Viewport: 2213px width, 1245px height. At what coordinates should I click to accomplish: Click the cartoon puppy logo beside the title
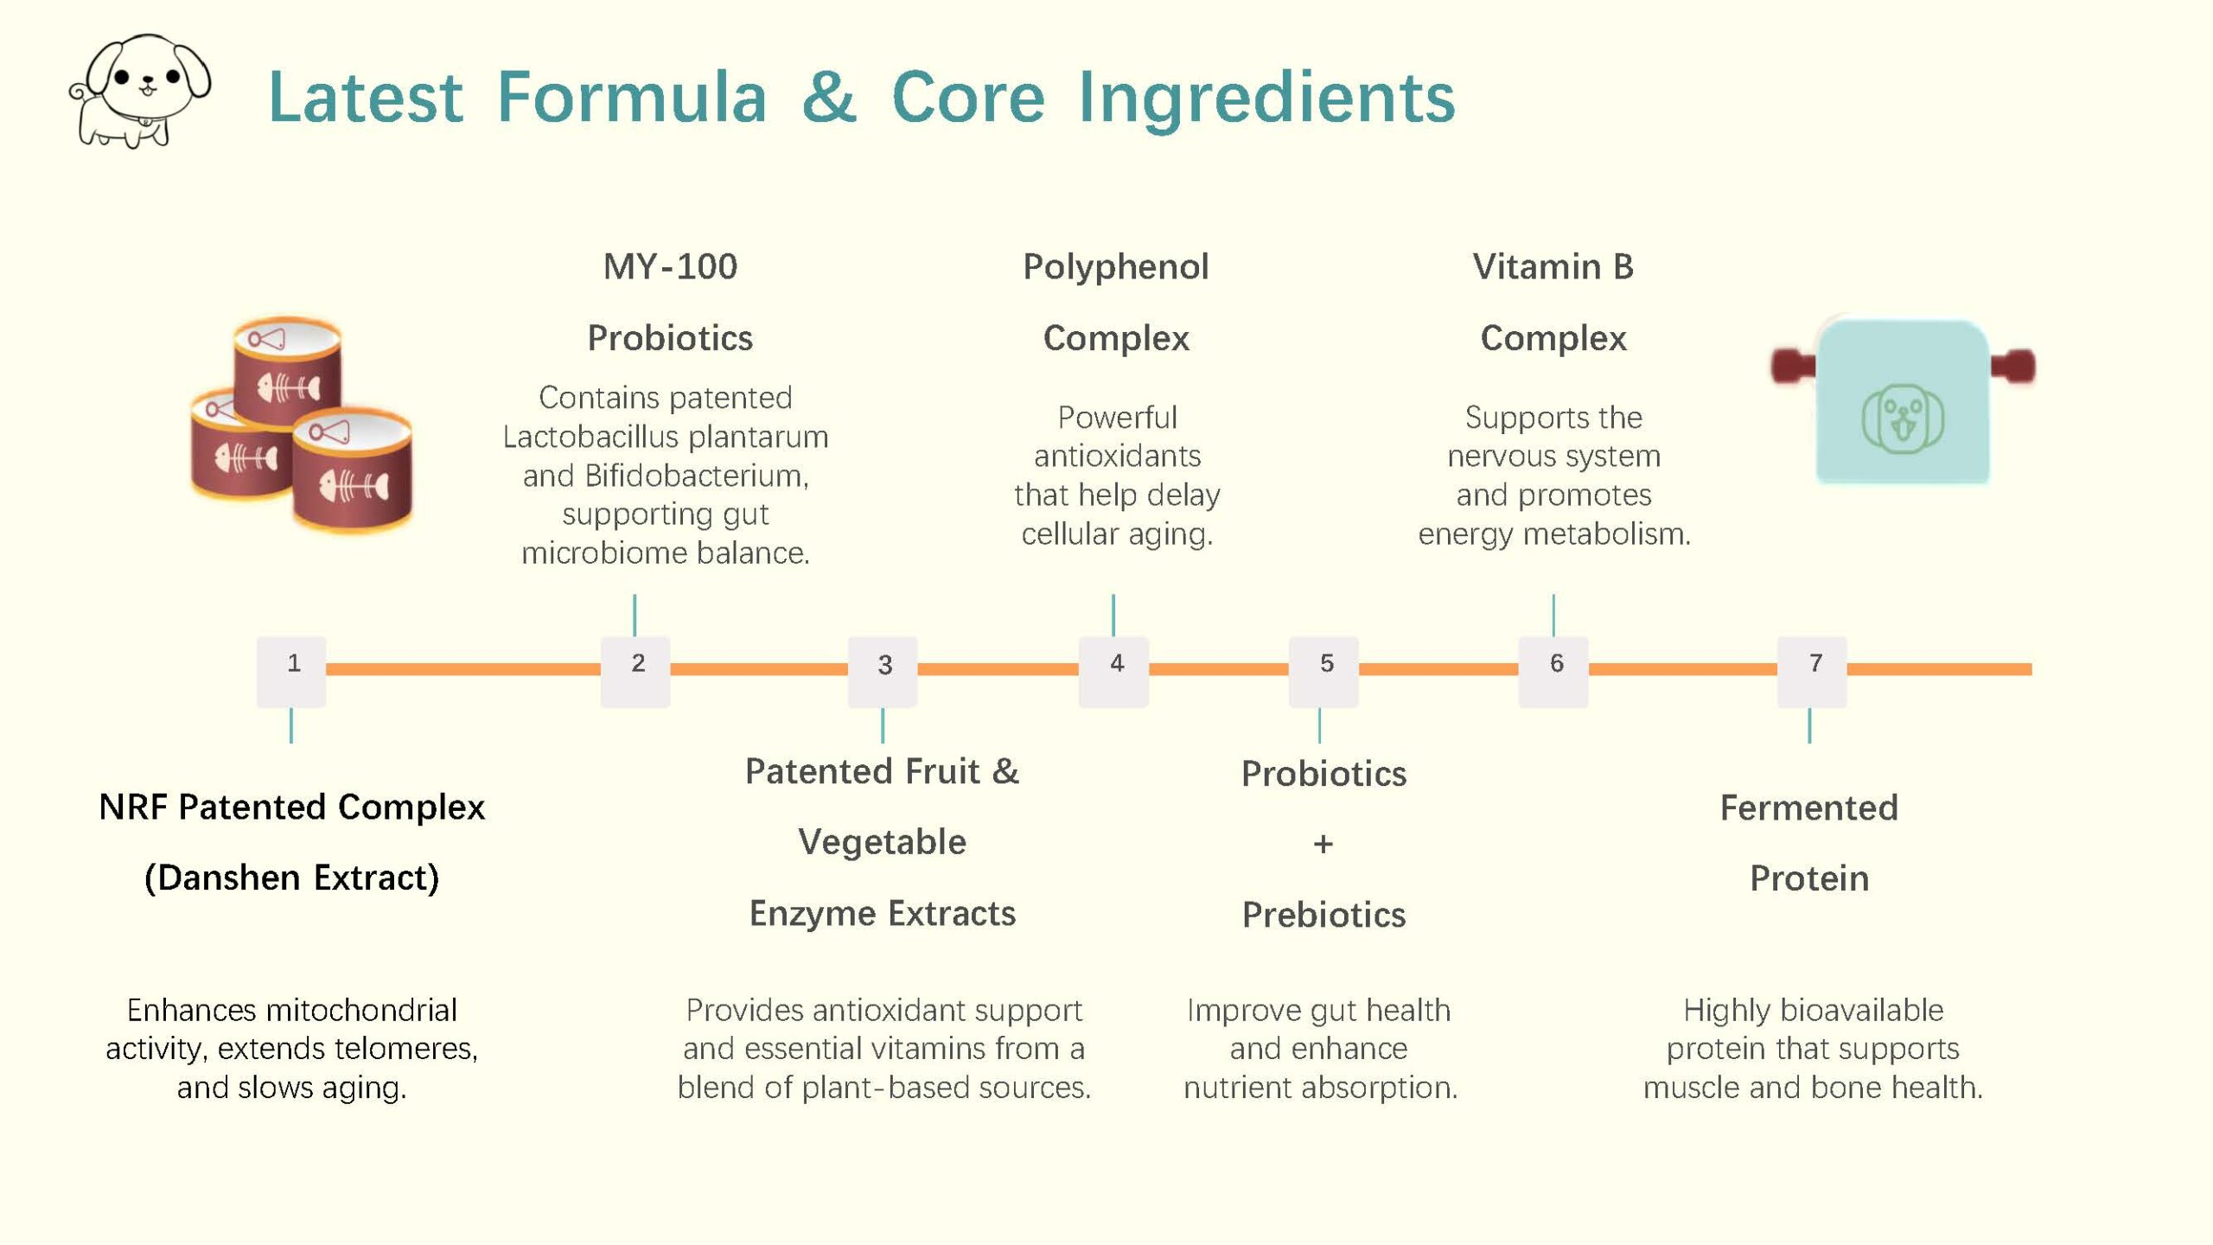click(140, 91)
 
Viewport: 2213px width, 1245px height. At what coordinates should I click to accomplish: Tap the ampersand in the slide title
click(828, 97)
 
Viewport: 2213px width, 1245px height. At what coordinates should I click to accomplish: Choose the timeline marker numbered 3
click(883, 672)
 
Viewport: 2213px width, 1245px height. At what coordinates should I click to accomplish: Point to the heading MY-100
click(670, 266)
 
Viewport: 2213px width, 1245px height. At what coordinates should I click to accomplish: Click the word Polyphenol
click(1116, 267)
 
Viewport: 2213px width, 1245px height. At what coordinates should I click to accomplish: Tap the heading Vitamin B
click(1553, 266)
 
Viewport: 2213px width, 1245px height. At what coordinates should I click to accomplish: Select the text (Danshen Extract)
click(292, 878)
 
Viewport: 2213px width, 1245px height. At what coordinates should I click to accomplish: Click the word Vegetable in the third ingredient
click(883, 842)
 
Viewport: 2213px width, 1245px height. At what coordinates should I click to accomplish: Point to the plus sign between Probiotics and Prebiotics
click(1323, 844)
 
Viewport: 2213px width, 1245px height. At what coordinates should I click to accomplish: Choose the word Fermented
click(1809, 808)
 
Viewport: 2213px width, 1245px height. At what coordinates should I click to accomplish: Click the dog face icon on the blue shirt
click(1903, 418)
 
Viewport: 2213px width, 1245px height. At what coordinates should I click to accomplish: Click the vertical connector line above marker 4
click(1113, 615)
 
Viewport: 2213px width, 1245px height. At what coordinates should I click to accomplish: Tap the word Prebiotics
click(1324, 915)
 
